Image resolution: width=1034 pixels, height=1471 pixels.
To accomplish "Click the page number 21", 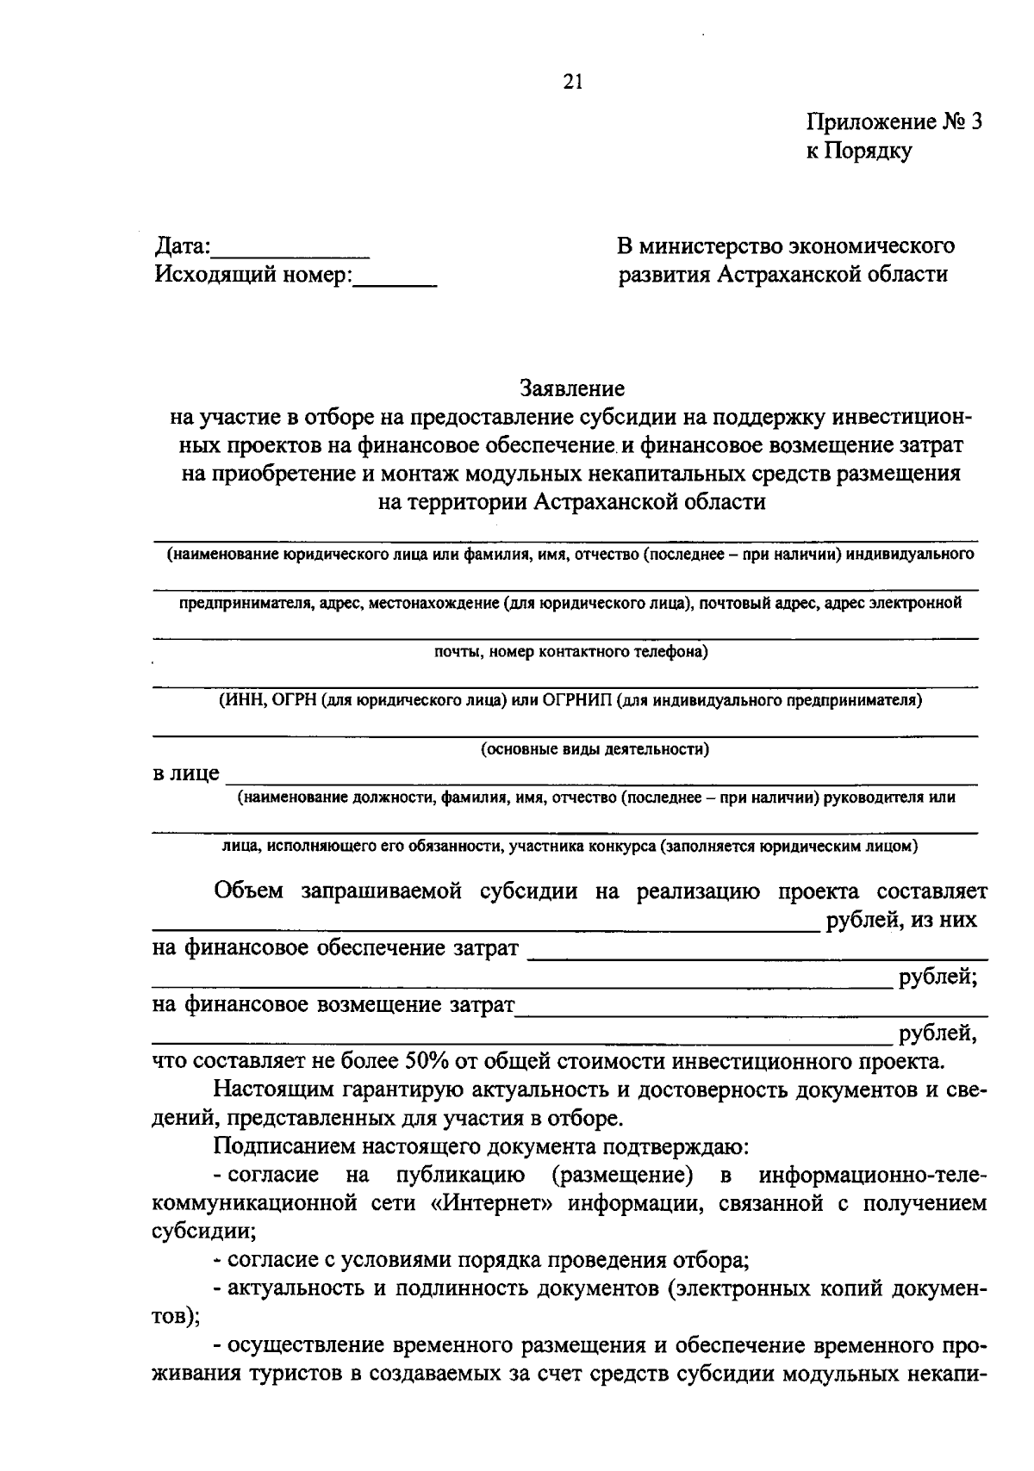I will (573, 82).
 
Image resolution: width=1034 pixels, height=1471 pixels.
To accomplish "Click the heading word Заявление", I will (571, 389).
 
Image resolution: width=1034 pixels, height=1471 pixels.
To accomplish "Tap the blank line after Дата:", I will (290, 253).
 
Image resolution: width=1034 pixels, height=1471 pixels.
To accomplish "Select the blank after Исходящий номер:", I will (396, 281).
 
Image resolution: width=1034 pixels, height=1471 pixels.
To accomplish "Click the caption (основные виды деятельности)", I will (595, 749).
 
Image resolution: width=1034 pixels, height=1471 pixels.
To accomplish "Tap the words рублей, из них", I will (901, 921).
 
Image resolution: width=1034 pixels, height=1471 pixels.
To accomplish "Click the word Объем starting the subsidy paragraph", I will (248, 891).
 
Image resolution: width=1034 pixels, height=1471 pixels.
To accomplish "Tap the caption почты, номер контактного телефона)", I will (570, 652).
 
